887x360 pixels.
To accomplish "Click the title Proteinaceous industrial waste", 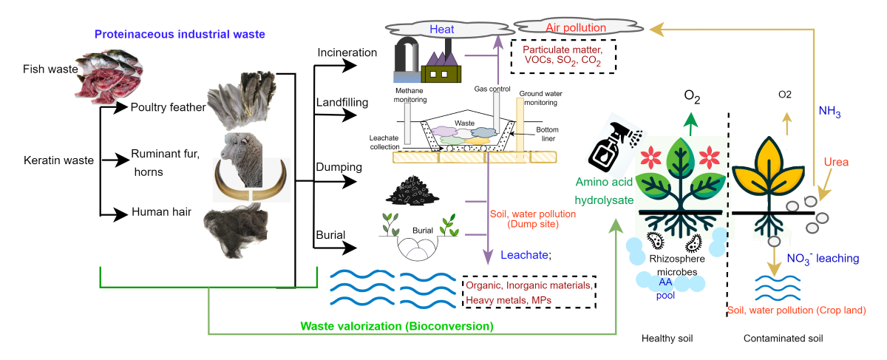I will tap(179, 34).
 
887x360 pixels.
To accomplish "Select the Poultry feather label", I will tap(168, 108).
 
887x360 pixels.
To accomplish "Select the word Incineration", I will tap(347, 54).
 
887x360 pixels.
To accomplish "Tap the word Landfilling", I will tap(343, 102).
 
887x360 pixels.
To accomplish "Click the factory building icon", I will tap(441, 64).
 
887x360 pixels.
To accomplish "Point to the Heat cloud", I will tap(441, 30).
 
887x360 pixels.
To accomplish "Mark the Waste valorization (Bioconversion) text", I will tap(397, 325).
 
